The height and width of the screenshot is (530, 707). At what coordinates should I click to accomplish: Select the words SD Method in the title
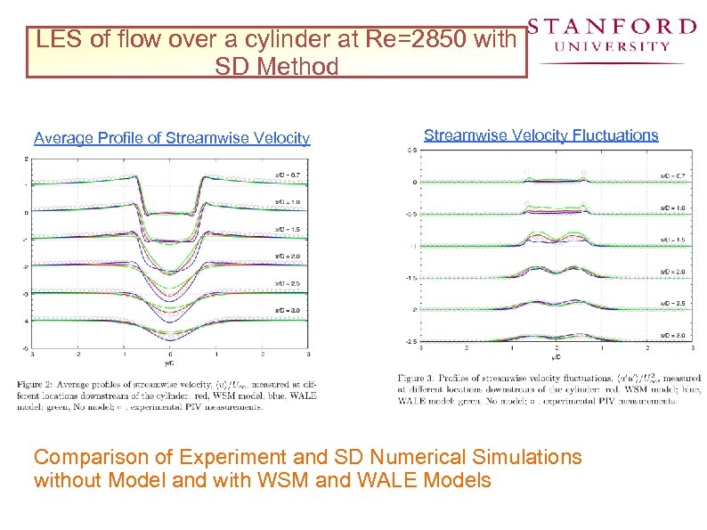click(x=277, y=66)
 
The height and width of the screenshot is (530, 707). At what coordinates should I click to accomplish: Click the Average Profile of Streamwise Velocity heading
click(x=172, y=138)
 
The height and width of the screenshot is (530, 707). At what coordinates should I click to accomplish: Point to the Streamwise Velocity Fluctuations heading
click(x=540, y=135)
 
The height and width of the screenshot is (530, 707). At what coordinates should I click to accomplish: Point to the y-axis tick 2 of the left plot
click(x=27, y=159)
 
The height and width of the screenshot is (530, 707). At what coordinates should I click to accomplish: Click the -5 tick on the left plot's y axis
click(x=26, y=348)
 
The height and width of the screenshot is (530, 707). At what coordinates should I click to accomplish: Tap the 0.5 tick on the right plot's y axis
click(x=412, y=151)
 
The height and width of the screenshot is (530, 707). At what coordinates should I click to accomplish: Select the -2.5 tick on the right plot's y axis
click(x=410, y=341)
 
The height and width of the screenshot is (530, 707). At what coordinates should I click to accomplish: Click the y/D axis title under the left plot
click(x=170, y=363)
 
